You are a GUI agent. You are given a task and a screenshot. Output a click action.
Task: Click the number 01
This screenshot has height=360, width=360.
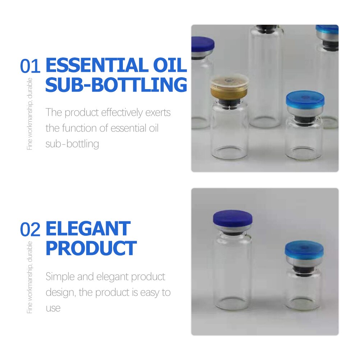(x=30, y=66)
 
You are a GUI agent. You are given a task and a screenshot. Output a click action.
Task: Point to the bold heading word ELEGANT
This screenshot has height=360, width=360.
(x=88, y=229)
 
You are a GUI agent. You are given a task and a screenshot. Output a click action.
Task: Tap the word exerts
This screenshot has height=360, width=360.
(x=158, y=112)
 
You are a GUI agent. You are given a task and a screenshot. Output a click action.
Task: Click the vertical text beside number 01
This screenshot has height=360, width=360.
(x=30, y=114)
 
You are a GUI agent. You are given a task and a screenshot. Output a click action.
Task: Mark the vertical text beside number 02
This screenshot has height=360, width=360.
(x=30, y=277)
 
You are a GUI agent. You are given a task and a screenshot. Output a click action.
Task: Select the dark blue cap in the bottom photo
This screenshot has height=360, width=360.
(x=232, y=218)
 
